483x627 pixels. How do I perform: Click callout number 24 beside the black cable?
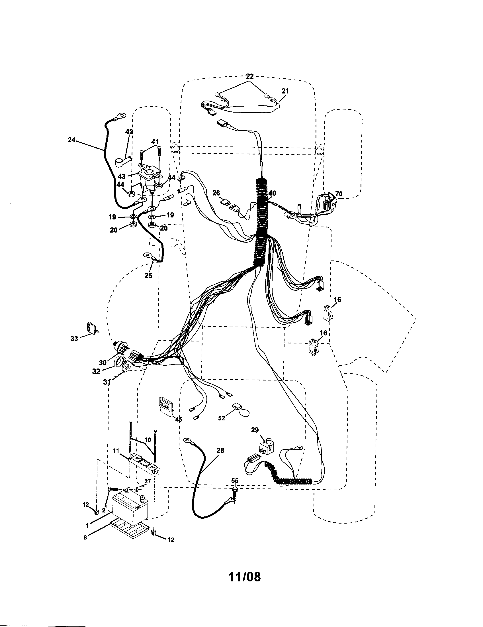click(71, 140)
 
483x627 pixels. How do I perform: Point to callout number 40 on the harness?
click(272, 193)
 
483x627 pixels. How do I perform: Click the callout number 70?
click(339, 194)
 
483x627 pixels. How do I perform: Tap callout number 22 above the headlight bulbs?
click(249, 76)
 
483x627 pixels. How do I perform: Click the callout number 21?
click(285, 91)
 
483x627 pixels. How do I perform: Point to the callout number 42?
click(129, 131)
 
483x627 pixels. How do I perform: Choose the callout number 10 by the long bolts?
click(148, 440)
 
